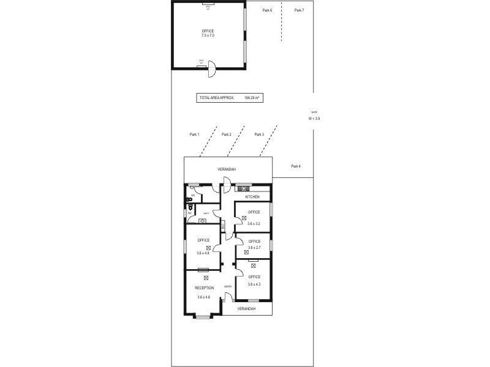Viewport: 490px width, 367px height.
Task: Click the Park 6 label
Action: tap(267, 10)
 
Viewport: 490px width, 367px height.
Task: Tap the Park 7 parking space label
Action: tap(299, 10)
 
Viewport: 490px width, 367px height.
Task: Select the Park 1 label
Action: tap(195, 135)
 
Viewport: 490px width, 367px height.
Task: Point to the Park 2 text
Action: tap(227, 135)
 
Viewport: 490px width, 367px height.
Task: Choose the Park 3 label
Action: tap(259, 135)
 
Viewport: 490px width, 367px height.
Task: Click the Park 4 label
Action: tap(296, 166)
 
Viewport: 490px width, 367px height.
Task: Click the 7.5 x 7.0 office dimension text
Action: tap(208, 35)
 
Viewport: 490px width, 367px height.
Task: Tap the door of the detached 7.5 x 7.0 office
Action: tap(211, 69)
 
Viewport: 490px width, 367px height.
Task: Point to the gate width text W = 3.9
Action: tap(314, 118)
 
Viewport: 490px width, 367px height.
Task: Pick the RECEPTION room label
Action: tap(204, 287)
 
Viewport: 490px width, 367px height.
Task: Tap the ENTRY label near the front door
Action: tap(228, 286)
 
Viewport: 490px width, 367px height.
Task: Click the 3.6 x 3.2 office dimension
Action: tap(254, 224)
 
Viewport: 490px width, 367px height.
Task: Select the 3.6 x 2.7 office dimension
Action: tap(254, 248)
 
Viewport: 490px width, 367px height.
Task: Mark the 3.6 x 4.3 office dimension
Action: tap(254, 284)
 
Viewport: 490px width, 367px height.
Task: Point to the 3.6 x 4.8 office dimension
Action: tap(203, 253)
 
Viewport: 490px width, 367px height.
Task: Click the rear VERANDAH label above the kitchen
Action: tap(227, 169)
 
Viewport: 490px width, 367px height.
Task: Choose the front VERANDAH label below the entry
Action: tap(247, 309)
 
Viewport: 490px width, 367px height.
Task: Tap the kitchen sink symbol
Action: tap(244, 187)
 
